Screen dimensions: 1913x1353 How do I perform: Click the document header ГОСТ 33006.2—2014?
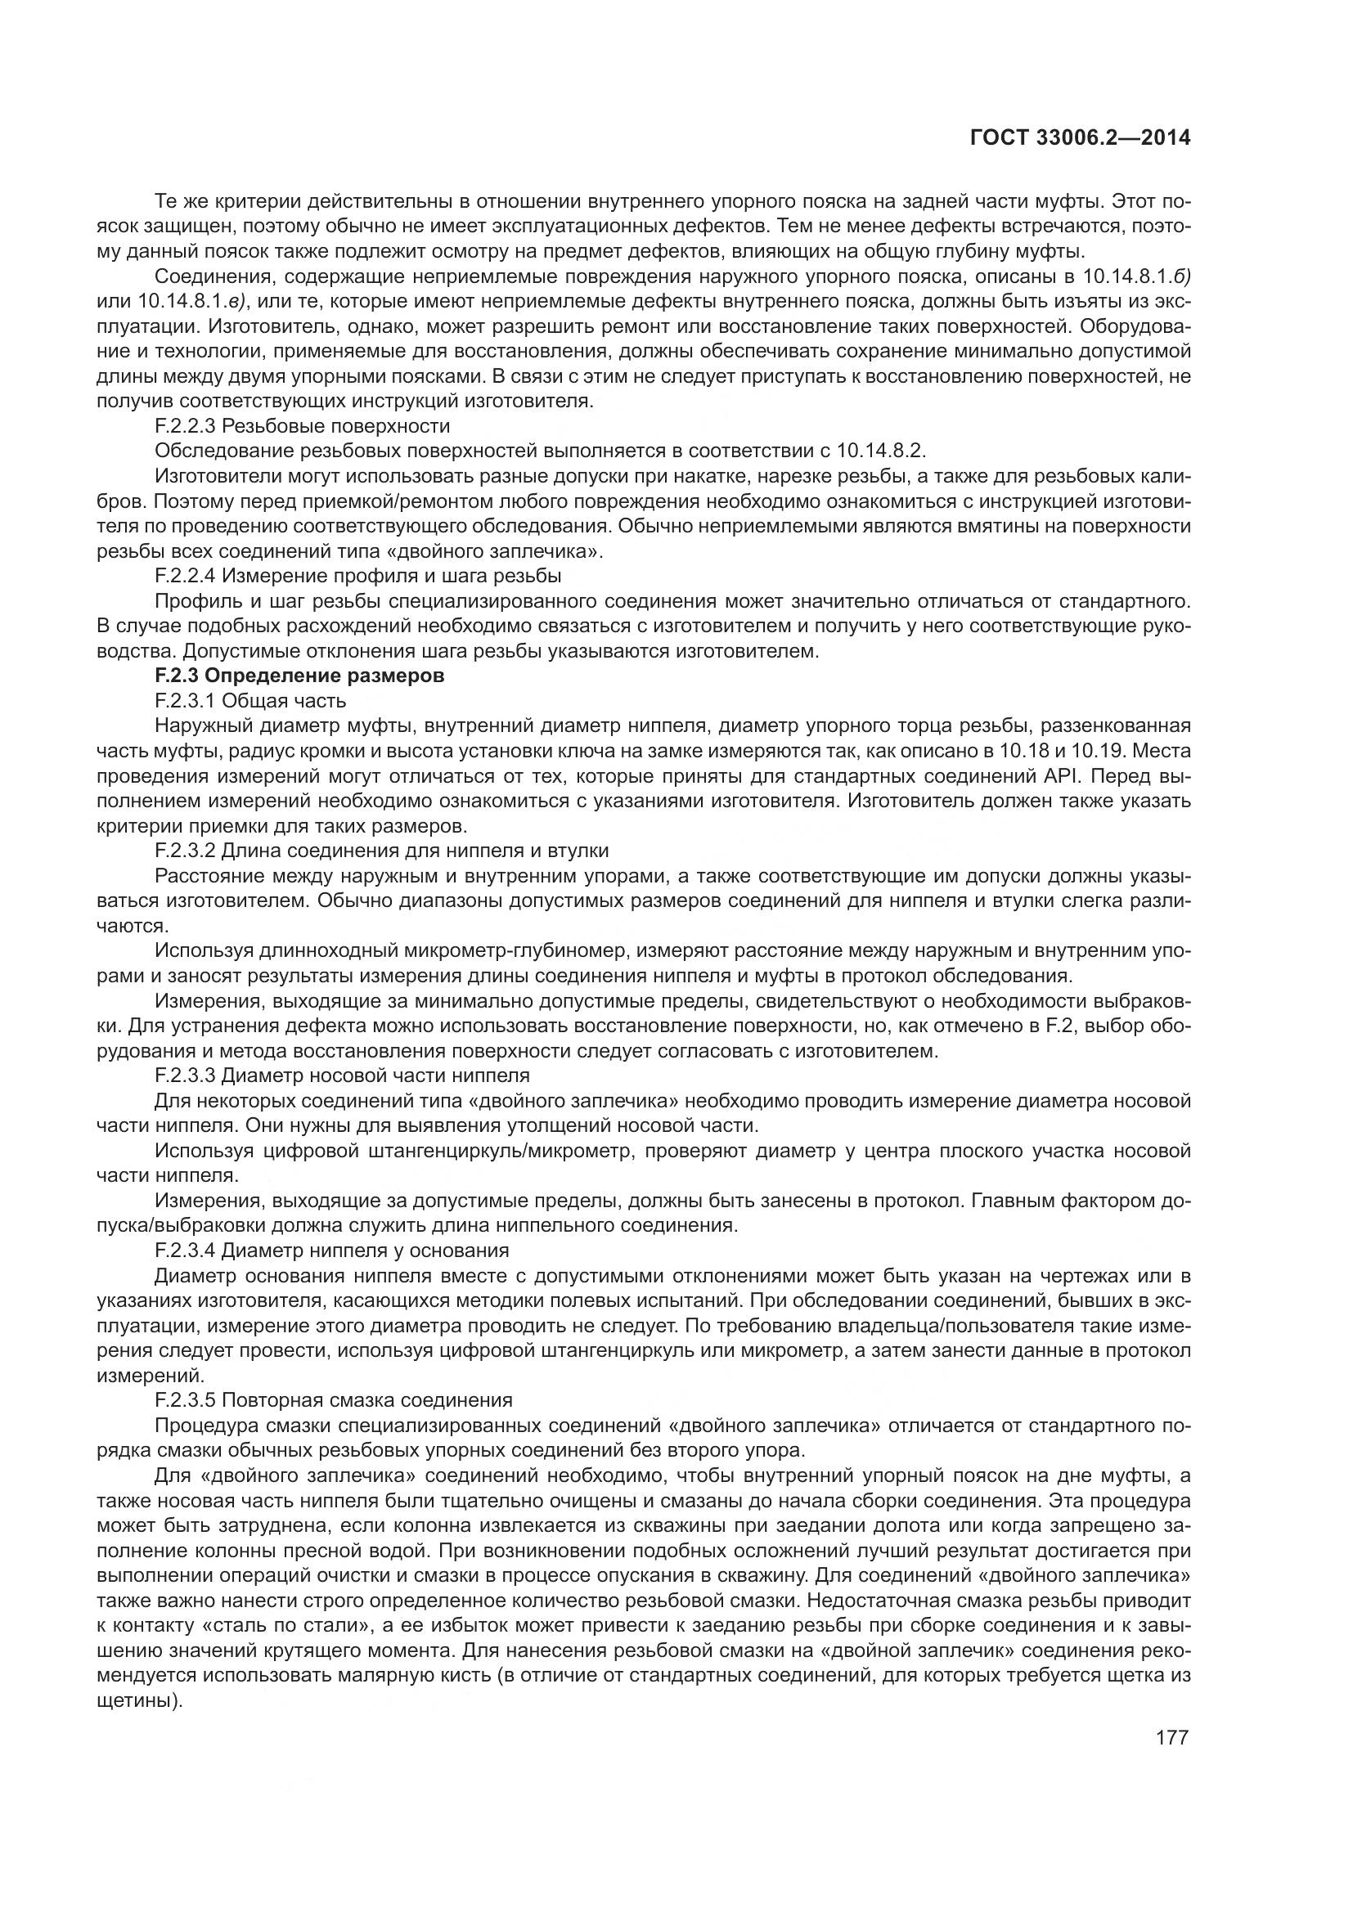[1081, 138]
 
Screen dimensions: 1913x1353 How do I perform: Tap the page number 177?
[1171, 1738]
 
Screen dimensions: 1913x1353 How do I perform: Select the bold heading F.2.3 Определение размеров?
[299, 676]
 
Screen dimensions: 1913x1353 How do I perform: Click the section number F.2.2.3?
[185, 426]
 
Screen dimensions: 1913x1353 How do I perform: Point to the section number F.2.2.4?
[185, 576]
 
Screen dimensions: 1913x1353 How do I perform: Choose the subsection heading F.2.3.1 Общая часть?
[250, 701]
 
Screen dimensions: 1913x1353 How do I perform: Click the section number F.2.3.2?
[185, 851]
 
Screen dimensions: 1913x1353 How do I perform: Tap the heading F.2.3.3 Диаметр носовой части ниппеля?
[342, 1076]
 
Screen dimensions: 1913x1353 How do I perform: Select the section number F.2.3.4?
[185, 1251]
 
